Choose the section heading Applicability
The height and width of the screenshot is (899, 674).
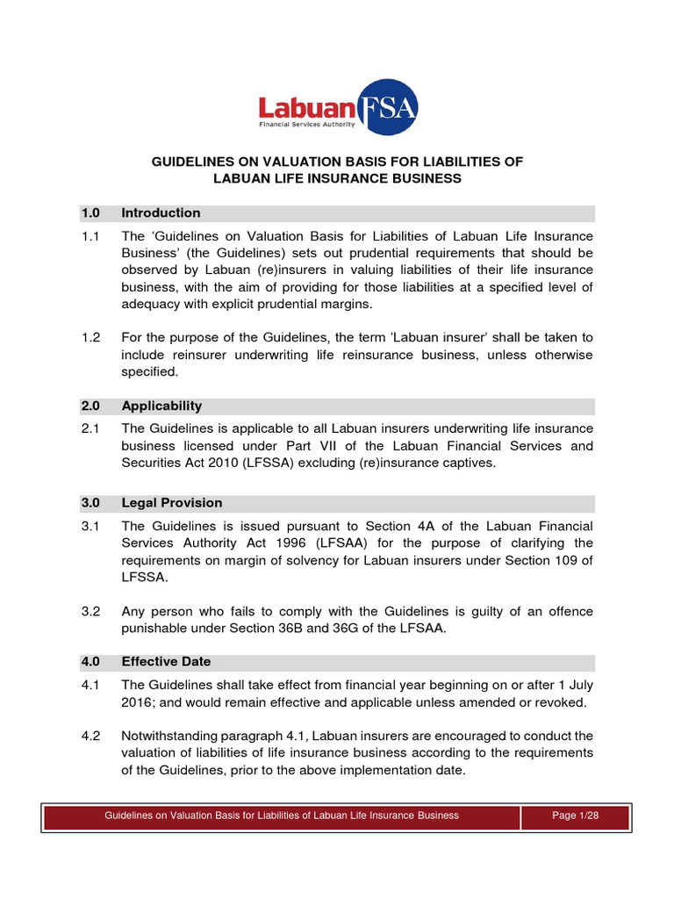point(161,406)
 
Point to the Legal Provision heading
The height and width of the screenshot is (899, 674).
point(171,503)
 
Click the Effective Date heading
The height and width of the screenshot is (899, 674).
point(166,662)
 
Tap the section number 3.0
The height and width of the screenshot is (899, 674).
point(91,503)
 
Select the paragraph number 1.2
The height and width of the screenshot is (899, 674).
point(91,337)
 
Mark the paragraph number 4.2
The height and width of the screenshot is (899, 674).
point(91,736)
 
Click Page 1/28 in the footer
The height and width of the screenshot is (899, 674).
point(576,816)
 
